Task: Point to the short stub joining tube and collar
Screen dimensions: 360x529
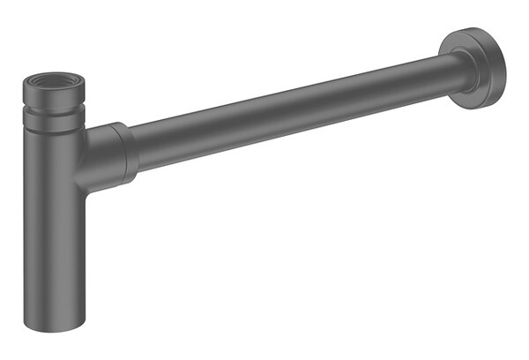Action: tap(88, 159)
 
